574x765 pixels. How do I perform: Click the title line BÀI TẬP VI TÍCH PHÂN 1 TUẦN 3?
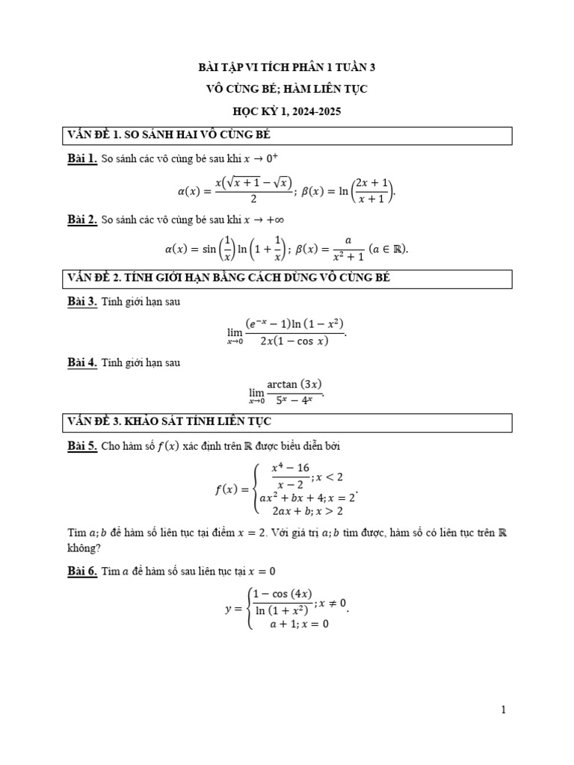(286, 67)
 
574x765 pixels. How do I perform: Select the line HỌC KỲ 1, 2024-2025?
(286, 111)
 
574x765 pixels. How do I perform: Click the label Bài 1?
(82, 158)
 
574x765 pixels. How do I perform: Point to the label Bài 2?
(82, 220)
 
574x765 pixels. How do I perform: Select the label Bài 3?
(82, 302)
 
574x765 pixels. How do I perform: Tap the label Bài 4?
(82, 363)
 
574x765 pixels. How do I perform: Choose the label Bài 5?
(82, 446)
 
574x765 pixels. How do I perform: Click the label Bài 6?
(82, 571)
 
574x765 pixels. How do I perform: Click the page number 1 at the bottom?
(504, 710)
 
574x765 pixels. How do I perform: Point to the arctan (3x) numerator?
(294, 384)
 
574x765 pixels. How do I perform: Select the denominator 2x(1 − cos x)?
(295, 342)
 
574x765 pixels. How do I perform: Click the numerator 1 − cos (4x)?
(283, 595)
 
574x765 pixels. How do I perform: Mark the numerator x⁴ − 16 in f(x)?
(290, 468)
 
